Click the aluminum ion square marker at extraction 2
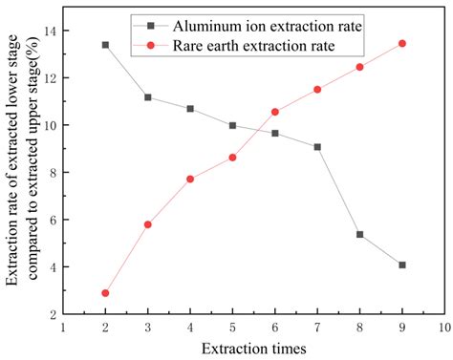pyautogui.click(x=105, y=45)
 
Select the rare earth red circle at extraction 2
pyautogui.click(x=105, y=293)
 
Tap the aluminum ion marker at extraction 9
pyautogui.click(x=402, y=265)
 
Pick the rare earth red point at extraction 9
pyautogui.click(x=402, y=44)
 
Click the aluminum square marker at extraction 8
pyautogui.click(x=359, y=234)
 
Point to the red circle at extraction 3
pyautogui.click(x=147, y=224)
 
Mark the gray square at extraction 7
pyautogui.click(x=317, y=147)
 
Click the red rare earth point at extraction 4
pyautogui.click(x=190, y=179)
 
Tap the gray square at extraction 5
pyautogui.click(x=232, y=125)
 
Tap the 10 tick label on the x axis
pyautogui.click(x=444, y=327)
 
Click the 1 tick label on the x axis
pyautogui.click(x=63, y=327)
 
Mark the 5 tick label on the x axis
pyautogui.click(x=232, y=327)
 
